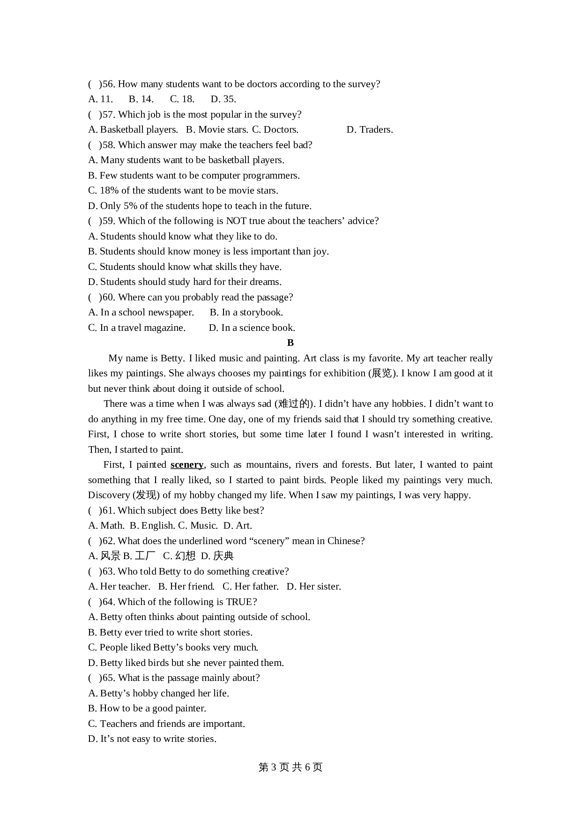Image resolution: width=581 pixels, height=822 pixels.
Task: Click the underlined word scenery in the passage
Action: (187, 464)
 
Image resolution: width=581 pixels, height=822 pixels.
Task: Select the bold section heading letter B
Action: (290, 343)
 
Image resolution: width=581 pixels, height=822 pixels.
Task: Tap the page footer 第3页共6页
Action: (290, 767)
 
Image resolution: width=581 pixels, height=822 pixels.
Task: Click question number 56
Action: (108, 84)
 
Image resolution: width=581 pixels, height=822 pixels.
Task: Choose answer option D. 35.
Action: (223, 99)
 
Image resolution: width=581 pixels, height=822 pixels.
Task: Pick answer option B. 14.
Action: (141, 99)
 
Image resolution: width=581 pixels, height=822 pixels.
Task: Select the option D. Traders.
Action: (370, 129)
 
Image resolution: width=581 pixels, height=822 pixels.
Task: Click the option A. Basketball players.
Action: (133, 129)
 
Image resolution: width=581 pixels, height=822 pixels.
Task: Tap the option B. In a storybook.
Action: (246, 312)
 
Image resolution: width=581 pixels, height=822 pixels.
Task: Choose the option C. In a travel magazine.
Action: (137, 328)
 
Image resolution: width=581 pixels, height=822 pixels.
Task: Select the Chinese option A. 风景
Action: (104, 556)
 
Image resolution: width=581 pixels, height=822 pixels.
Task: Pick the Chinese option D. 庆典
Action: (217, 556)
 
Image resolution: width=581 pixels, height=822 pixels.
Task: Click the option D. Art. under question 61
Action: (238, 525)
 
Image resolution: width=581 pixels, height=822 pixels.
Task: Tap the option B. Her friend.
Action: (186, 586)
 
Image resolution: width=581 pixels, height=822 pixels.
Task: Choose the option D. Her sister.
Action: (314, 586)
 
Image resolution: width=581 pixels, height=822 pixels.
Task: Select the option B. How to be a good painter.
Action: (147, 708)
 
